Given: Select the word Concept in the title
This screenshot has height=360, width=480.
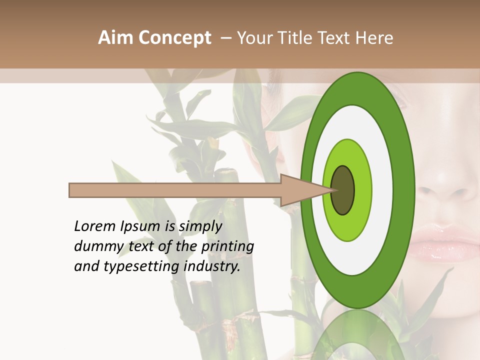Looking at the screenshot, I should pyautogui.click(x=175, y=38).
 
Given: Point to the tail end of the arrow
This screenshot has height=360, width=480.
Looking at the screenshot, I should pyautogui.click(x=70, y=190).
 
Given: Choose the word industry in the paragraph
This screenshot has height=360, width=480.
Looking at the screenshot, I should pyautogui.click(x=212, y=266).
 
